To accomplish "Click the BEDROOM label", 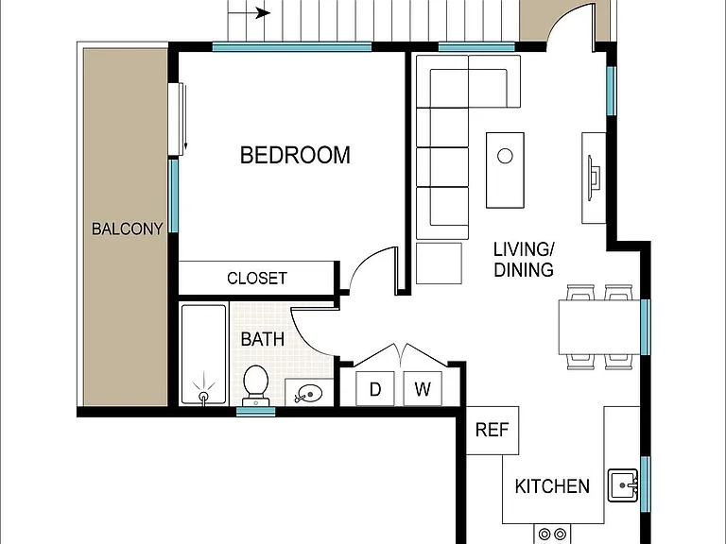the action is (x=295, y=155).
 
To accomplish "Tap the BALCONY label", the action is (x=128, y=229).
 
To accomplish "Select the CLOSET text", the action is (x=257, y=278).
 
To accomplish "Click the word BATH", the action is (x=263, y=339).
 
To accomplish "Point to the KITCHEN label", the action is (x=552, y=486).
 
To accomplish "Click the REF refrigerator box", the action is (x=493, y=431).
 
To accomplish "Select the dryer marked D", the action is (x=375, y=388).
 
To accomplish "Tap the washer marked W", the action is (x=423, y=388).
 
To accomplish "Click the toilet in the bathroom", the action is (x=255, y=385).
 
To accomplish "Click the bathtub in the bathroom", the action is (x=204, y=354).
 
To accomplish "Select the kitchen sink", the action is (x=623, y=485).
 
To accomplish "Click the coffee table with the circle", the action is (x=505, y=170).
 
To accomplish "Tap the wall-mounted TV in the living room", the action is (x=594, y=178).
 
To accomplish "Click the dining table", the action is (x=599, y=327).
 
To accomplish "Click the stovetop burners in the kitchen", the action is (x=552, y=535).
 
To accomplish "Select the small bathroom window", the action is (x=255, y=412).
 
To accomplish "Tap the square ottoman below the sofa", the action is (x=439, y=263).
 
